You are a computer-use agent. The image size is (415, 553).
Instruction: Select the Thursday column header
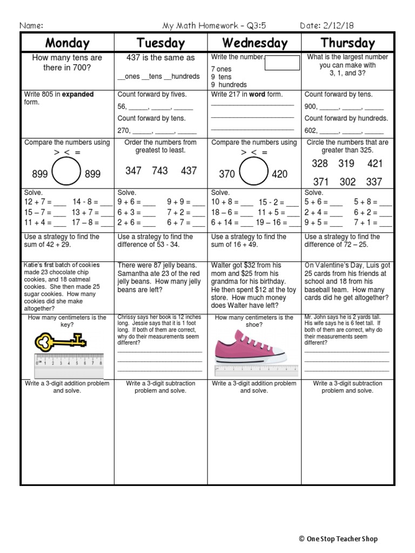[x=347, y=43]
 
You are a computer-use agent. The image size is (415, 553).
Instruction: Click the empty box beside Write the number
[x=282, y=63]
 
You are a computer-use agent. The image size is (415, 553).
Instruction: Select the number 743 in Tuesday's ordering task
[x=160, y=171]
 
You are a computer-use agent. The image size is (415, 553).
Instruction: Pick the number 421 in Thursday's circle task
[x=374, y=164]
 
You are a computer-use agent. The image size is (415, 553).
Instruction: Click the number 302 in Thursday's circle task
[x=347, y=183]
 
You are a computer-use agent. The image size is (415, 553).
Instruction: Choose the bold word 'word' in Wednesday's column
[x=257, y=95]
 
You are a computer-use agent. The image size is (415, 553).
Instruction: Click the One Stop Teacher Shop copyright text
[x=338, y=539]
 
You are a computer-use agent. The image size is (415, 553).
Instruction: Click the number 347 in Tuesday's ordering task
[x=133, y=171]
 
